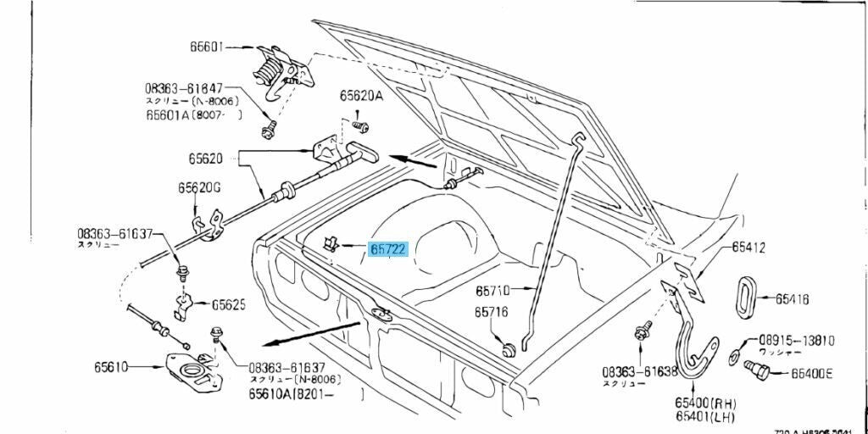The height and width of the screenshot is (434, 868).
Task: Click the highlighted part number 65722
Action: coord(388,249)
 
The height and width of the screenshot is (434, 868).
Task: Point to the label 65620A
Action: coord(362,96)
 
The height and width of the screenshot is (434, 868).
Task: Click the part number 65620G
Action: coord(199,187)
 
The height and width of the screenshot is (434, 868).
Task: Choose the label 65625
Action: coord(229,303)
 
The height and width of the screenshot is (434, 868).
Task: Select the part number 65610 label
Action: coord(111,367)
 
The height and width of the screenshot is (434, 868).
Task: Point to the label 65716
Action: coord(492,312)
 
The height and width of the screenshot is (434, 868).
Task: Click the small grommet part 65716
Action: coord(509,348)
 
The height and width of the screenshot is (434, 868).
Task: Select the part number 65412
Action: coord(749,248)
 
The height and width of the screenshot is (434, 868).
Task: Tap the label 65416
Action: coord(792,298)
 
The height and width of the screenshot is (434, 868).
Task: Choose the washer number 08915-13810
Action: coord(796,340)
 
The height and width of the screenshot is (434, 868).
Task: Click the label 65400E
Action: coord(811,373)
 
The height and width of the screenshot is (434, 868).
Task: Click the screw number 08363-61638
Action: coord(640,372)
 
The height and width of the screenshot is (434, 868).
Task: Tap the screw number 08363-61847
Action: coord(184,87)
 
